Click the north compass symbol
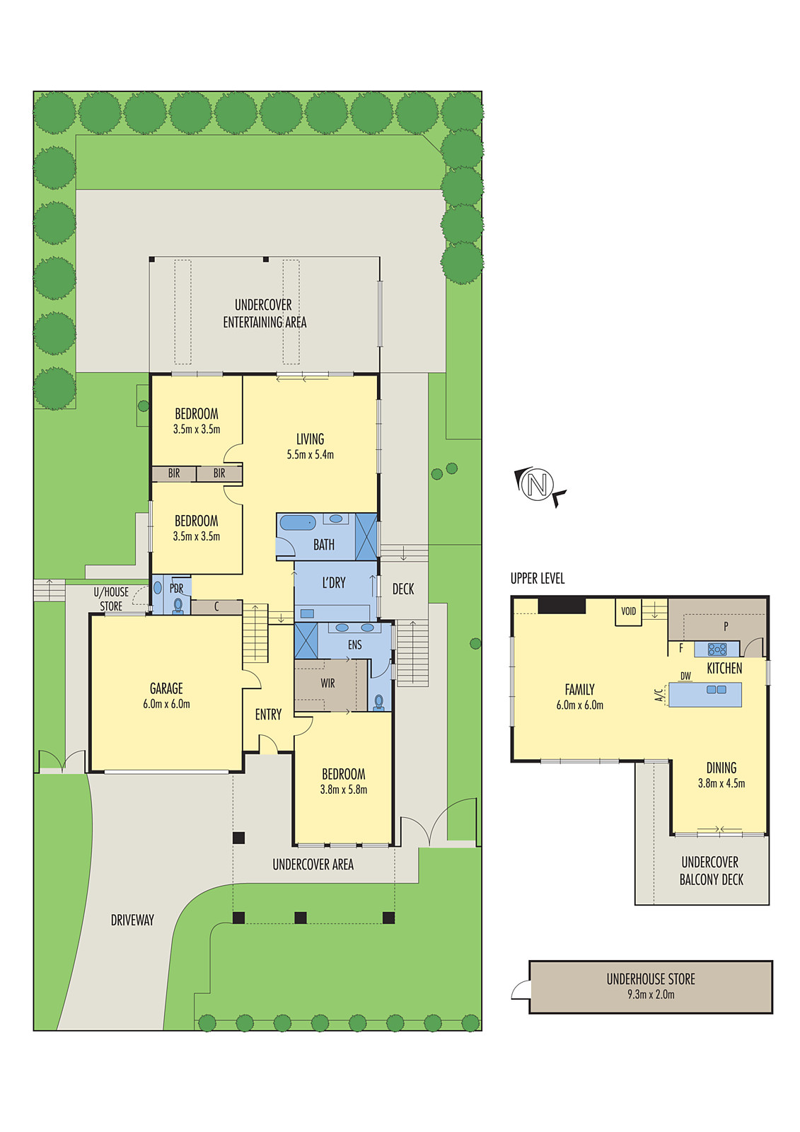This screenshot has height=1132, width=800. (538, 485)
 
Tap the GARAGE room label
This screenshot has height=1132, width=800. (166, 688)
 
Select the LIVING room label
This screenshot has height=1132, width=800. (310, 439)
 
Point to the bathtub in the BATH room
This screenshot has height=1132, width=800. (298, 523)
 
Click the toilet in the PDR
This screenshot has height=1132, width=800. (178, 606)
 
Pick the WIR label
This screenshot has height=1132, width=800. (327, 683)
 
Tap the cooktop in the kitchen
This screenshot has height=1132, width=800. (717, 649)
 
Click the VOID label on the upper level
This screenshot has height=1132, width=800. (628, 611)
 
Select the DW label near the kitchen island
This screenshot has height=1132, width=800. (685, 676)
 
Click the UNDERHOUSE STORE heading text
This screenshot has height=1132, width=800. (651, 979)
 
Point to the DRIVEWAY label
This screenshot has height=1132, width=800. (132, 920)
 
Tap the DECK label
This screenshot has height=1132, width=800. (402, 589)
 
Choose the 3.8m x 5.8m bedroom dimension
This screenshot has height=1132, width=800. (344, 790)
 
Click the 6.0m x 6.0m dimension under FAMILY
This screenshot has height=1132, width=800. (579, 705)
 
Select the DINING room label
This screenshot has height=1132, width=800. (721, 768)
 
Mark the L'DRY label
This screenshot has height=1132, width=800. (334, 583)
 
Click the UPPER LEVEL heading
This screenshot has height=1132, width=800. (537, 579)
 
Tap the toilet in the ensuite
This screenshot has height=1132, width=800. (379, 703)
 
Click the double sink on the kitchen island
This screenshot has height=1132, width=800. (717, 689)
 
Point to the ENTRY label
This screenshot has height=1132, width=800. (268, 714)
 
